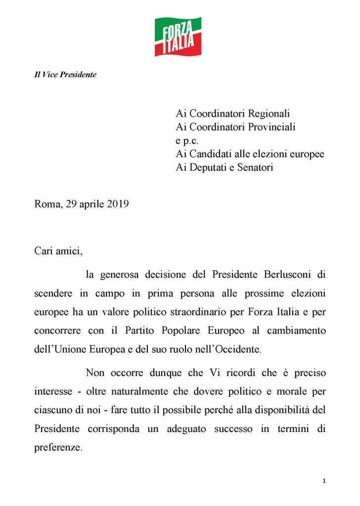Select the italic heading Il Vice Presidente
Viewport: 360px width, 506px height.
coord(65,75)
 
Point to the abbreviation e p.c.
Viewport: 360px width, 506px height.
coord(187,140)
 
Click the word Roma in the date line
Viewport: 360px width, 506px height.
coord(46,204)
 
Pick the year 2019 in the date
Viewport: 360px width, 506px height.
coord(118,204)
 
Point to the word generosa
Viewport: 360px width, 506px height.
coord(121,274)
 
